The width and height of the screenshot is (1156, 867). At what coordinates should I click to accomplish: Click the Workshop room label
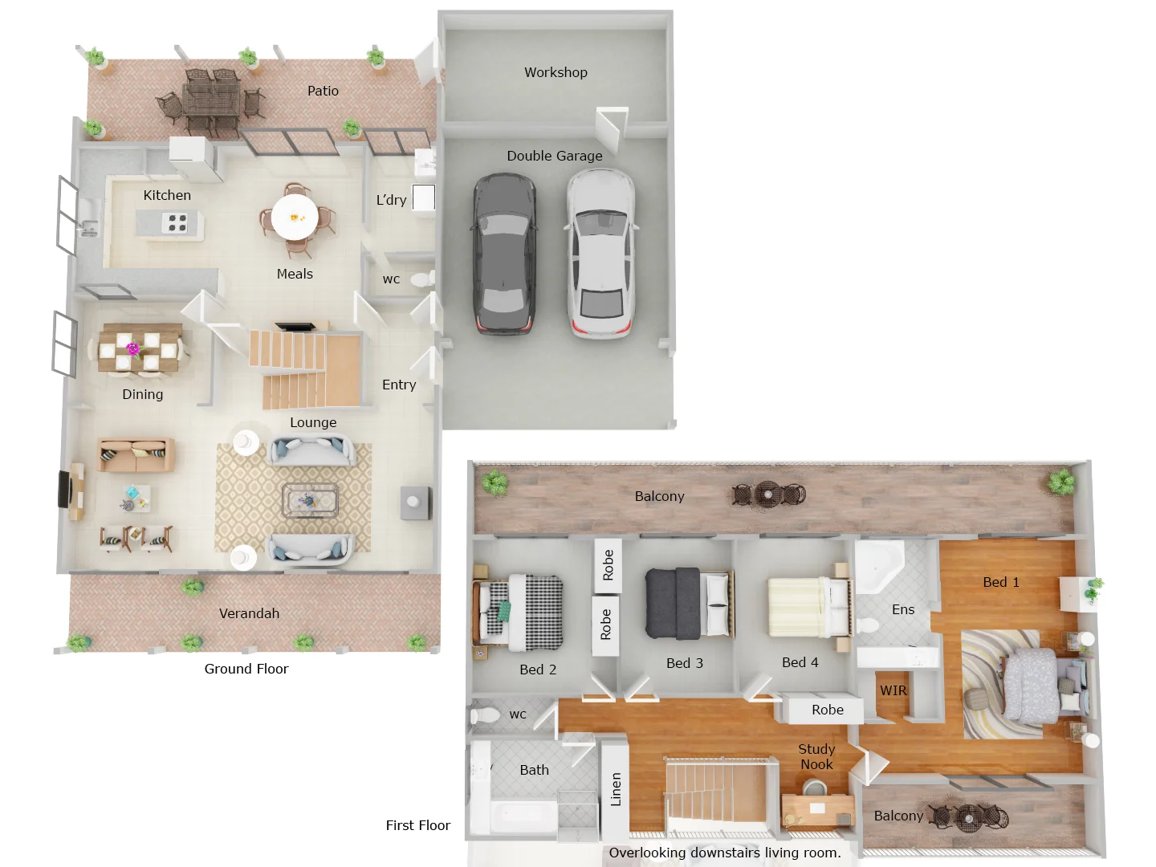tap(556, 72)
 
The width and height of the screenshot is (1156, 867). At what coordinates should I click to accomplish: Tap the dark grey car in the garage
tap(503, 253)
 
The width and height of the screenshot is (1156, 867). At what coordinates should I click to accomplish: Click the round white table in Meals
tap(295, 217)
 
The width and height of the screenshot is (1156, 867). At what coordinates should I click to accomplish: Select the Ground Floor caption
tap(246, 669)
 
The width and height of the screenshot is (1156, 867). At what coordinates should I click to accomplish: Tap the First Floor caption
tap(417, 825)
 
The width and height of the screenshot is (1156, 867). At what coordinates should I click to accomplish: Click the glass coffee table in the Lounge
tap(310, 501)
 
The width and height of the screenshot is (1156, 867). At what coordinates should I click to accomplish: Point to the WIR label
tap(893, 690)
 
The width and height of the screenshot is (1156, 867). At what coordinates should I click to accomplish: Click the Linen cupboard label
tap(616, 788)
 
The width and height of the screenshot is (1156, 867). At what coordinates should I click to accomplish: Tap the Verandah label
tap(249, 613)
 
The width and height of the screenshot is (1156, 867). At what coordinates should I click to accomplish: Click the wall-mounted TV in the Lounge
tap(63, 490)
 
